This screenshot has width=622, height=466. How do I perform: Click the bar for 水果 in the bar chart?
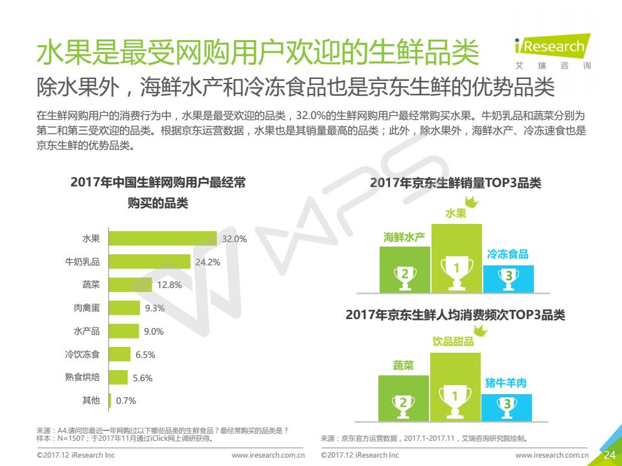click(163, 239)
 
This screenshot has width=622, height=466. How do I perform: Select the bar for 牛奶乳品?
click(150, 262)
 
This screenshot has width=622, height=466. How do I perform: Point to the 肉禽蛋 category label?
click(87, 308)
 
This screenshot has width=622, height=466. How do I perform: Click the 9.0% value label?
click(154, 331)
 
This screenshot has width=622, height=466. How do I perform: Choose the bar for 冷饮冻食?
click(120, 354)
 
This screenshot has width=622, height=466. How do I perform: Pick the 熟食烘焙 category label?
click(82, 377)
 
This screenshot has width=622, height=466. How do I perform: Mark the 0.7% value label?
click(126, 401)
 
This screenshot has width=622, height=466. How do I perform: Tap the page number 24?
click(610, 455)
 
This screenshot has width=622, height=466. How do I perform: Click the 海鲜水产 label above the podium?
click(404, 237)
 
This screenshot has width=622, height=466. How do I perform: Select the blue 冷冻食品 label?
click(507, 254)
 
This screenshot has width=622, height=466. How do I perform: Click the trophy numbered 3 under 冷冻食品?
click(509, 277)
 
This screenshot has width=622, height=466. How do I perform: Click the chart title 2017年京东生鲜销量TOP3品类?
click(455, 183)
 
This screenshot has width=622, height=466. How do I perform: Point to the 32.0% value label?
click(235, 239)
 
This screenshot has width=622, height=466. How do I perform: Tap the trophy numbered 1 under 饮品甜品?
click(455, 395)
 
